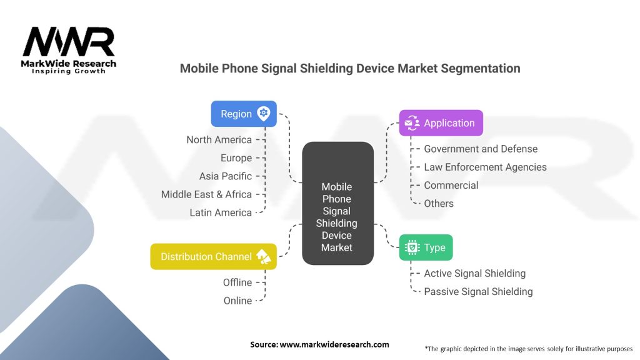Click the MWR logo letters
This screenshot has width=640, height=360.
[x=69, y=42]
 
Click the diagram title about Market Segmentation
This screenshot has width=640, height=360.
[x=350, y=68]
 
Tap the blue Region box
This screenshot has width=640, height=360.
[x=244, y=114]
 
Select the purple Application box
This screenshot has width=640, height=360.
[x=441, y=123]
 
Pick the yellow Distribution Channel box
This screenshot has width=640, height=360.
[x=213, y=256]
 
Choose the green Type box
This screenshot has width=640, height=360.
[x=426, y=247]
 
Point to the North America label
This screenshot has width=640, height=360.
[x=219, y=140]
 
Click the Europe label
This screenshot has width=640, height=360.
[x=236, y=158]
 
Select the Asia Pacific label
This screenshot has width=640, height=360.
[x=226, y=176]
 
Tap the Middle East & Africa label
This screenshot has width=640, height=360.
[x=206, y=194]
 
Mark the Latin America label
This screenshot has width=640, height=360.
[x=221, y=212]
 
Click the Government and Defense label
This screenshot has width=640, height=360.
[x=481, y=149]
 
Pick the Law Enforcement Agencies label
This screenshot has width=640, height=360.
[x=485, y=167]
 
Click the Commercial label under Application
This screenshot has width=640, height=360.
[x=451, y=185]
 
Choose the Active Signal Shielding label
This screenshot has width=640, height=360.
[x=474, y=273]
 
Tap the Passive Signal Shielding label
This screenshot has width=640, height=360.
[x=478, y=291]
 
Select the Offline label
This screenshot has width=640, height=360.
[x=237, y=282]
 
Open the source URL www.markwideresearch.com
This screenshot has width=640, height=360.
[x=334, y=344]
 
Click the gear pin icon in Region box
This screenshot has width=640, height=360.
[x=264, y=114]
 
